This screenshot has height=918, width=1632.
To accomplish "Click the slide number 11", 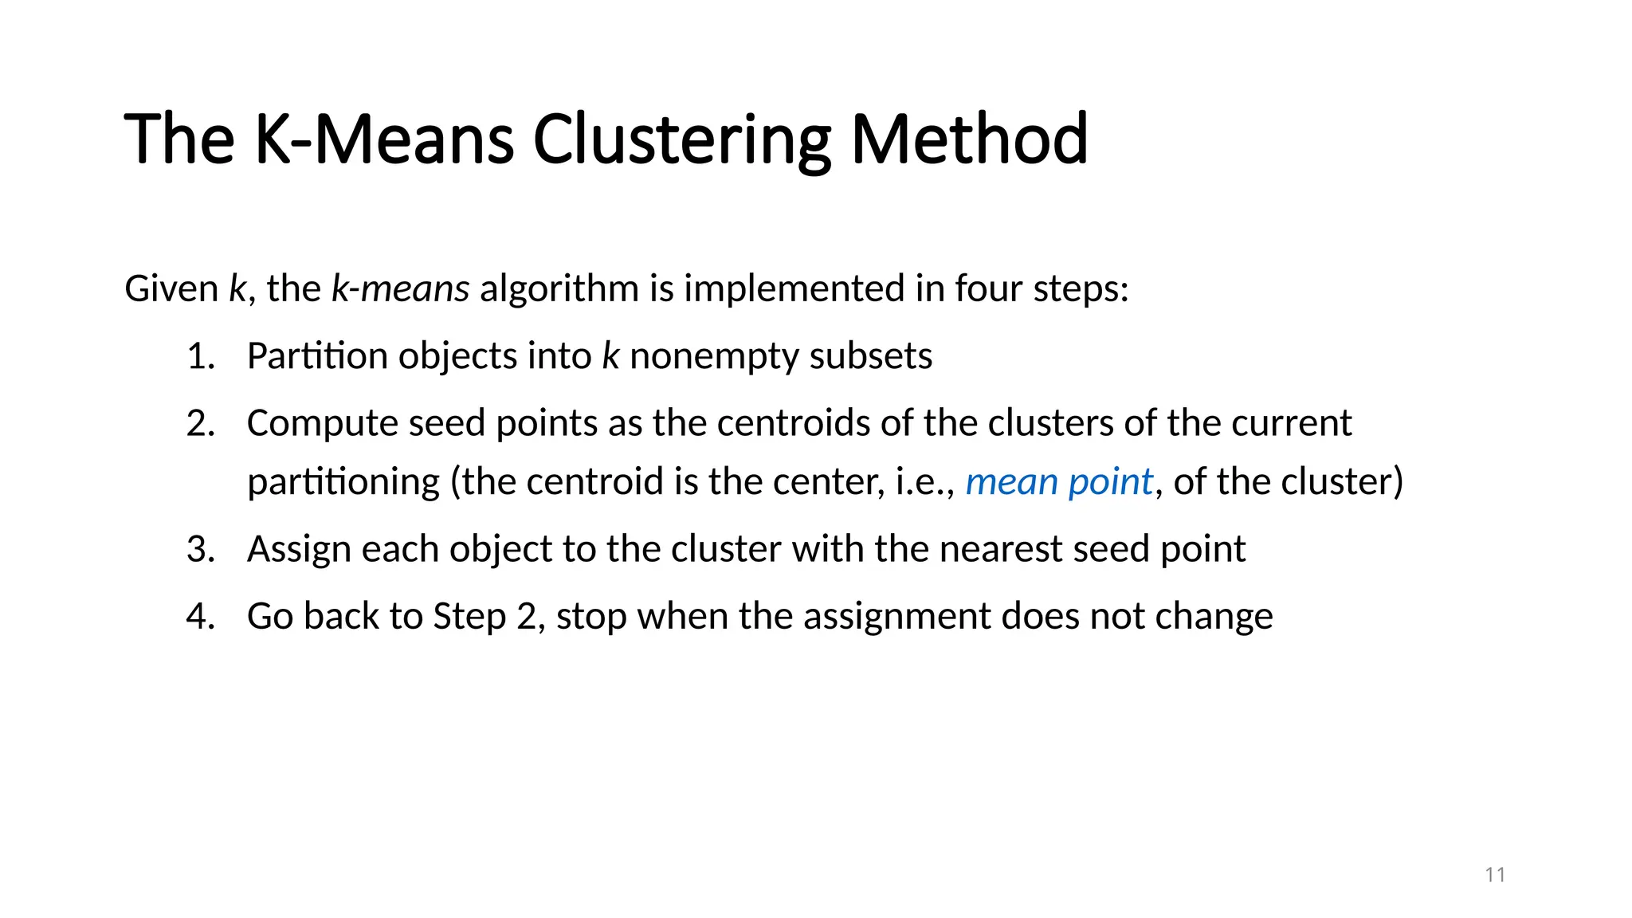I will pyautogui.click(x=1495, y=875).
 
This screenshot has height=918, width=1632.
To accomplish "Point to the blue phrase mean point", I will pyautogui.click(x=1058, y=482).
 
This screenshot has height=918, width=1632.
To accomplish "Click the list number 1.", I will pyautogui.click(x=200, y=356).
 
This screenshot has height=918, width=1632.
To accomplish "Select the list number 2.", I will pyautogui.click(x=200, y=423).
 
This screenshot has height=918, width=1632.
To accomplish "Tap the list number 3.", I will pyautogui.click(x=200, y=549).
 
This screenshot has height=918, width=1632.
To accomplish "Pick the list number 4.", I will pyautogui.click(x=200, y=617).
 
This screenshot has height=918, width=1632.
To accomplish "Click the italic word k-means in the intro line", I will pyautogui.click(x=400, y=288).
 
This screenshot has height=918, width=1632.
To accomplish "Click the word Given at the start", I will pyautogui.click(x=171, y=288).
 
